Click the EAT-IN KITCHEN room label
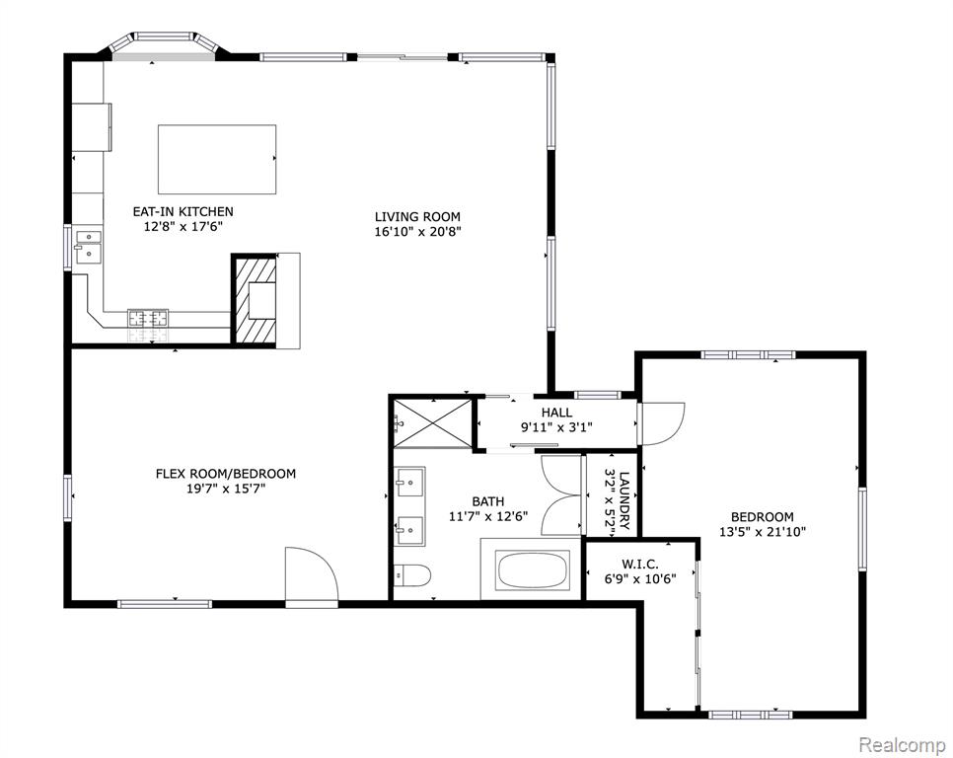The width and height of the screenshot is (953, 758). pyautogui.click(x=183, y=211)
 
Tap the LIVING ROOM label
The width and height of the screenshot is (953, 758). pyautogui.click(x=417, y=216)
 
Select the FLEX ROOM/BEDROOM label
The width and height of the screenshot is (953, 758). pyautogui.click(x=226, y=474)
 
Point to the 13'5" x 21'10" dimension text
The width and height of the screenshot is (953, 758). pyautogui.click(x=763, y=532)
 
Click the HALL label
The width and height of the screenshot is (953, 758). pyautogui.click(x=556, y=413)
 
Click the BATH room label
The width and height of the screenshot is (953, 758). pyautogui.click(x=488, y=501)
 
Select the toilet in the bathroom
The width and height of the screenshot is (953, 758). pyautogui.click(x=412, y=573)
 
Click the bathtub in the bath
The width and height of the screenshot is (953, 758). pyautogui.click(x=533, y=570)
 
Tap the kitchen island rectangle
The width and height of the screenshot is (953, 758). pyautogui.click(x=217, y=159)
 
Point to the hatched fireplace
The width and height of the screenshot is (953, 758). pyautogui.click(x=255, y=300)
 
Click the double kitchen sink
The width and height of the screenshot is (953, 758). pyautogui.click(x=89, y=247)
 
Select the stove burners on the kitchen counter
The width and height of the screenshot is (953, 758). pyautogui.click(x=148, y=317)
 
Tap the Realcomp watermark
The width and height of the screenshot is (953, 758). pyautogui.click(x=902, y=743)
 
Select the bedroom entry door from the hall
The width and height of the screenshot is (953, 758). pyautogui.click(x=660, y=423)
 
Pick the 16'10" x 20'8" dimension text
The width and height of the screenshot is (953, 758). pyautogui.click(x=417, y=232)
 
